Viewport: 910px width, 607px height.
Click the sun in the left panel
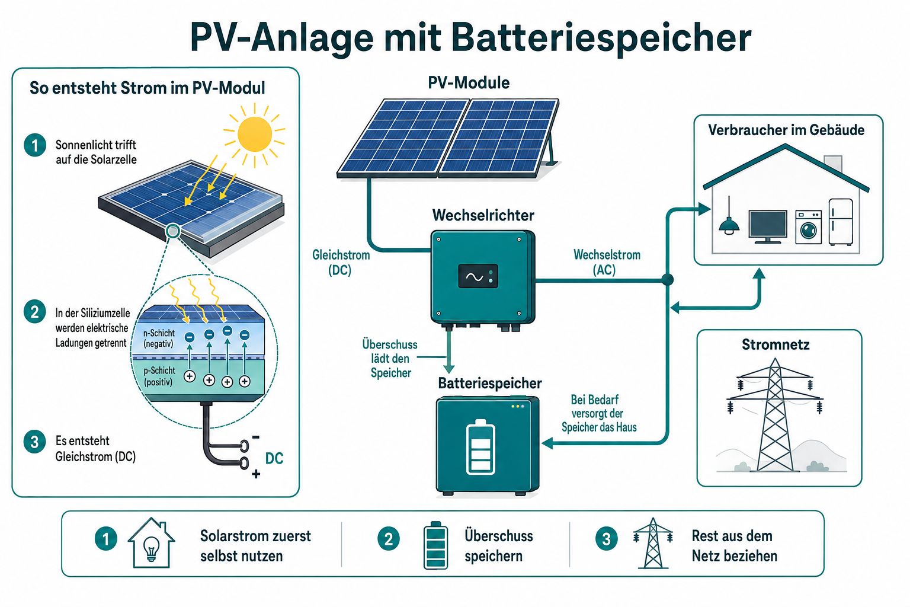(x=255, y=134)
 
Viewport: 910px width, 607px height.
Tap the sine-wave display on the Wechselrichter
(x=478, y=276)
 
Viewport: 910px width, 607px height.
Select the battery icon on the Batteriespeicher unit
(x=480, y=447)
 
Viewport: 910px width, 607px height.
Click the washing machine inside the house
(x=808, y=227)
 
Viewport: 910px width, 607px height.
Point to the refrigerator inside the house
(x=841, y=222)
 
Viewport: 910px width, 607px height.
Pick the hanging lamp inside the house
(x=729, y=217)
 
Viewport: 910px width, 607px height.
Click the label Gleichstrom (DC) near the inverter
(x=341, y=263)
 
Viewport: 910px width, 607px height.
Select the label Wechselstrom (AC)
(x=607, y=262)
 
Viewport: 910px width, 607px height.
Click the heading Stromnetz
(x=776, y=344)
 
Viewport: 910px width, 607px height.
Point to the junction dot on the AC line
(x=668, y=280)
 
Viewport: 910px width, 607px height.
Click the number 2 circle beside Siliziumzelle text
(x=34, y=312)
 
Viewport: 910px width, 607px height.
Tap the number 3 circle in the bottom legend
(x=606, y=539)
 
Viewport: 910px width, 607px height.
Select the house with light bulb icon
(x=151, y=543)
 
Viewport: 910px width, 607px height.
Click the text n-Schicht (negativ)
(x=158, y=338)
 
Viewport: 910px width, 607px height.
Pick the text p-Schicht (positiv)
(x=159, y=376)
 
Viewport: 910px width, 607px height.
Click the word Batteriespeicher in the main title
(x=601, y=38)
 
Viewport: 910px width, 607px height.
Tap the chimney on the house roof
(x=832, y=164)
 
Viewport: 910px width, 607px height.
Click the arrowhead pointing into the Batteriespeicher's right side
(x=547, y=443)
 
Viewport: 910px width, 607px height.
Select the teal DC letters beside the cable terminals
(x=274, y=458)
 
